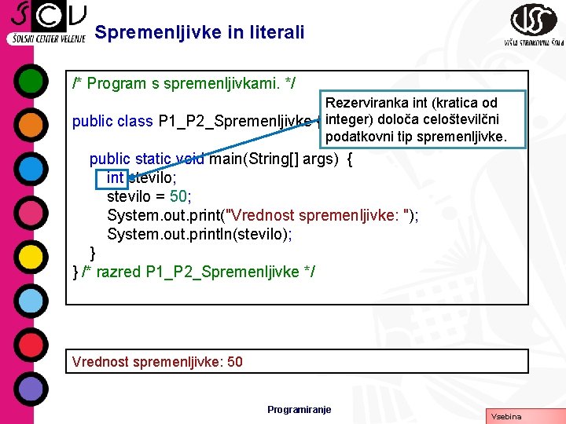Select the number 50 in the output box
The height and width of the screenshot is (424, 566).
coord(234,362)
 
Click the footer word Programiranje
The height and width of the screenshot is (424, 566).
coord(300,409)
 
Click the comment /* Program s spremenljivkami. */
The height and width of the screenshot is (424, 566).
coord(184,82)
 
